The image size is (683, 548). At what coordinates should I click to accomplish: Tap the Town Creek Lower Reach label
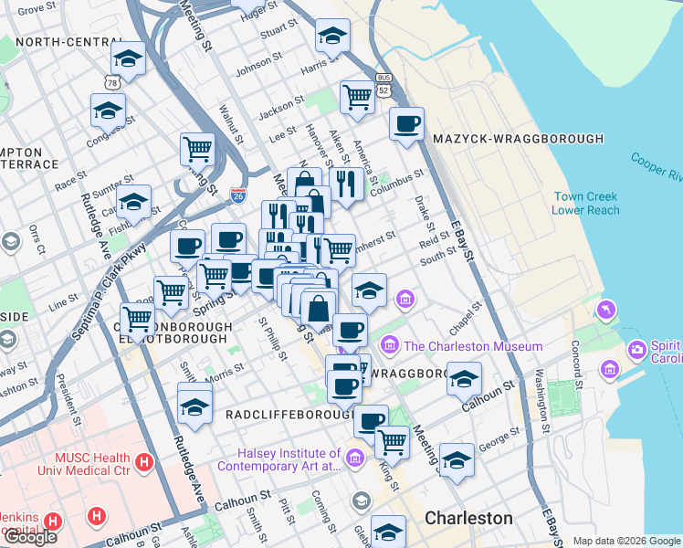tap(585, 204)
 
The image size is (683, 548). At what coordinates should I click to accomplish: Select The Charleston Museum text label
tap(473, 346)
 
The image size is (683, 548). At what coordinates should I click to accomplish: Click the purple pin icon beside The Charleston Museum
tap(390, 345)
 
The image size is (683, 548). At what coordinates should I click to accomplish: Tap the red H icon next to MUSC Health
tap(143, 463)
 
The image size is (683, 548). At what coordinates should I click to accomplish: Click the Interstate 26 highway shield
tap(238, 195)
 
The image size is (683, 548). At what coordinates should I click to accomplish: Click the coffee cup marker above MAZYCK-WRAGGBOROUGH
tap(407, 123)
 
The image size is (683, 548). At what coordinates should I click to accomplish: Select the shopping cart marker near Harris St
tap(358, 95)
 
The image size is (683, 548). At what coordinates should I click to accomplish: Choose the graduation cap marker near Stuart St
tap(332, 36)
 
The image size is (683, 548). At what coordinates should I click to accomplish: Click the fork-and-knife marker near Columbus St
tap(346, 183)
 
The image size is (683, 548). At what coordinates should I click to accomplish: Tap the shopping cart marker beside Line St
tap(171, 291)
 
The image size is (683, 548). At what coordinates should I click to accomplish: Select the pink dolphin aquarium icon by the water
tap(605, 311)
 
